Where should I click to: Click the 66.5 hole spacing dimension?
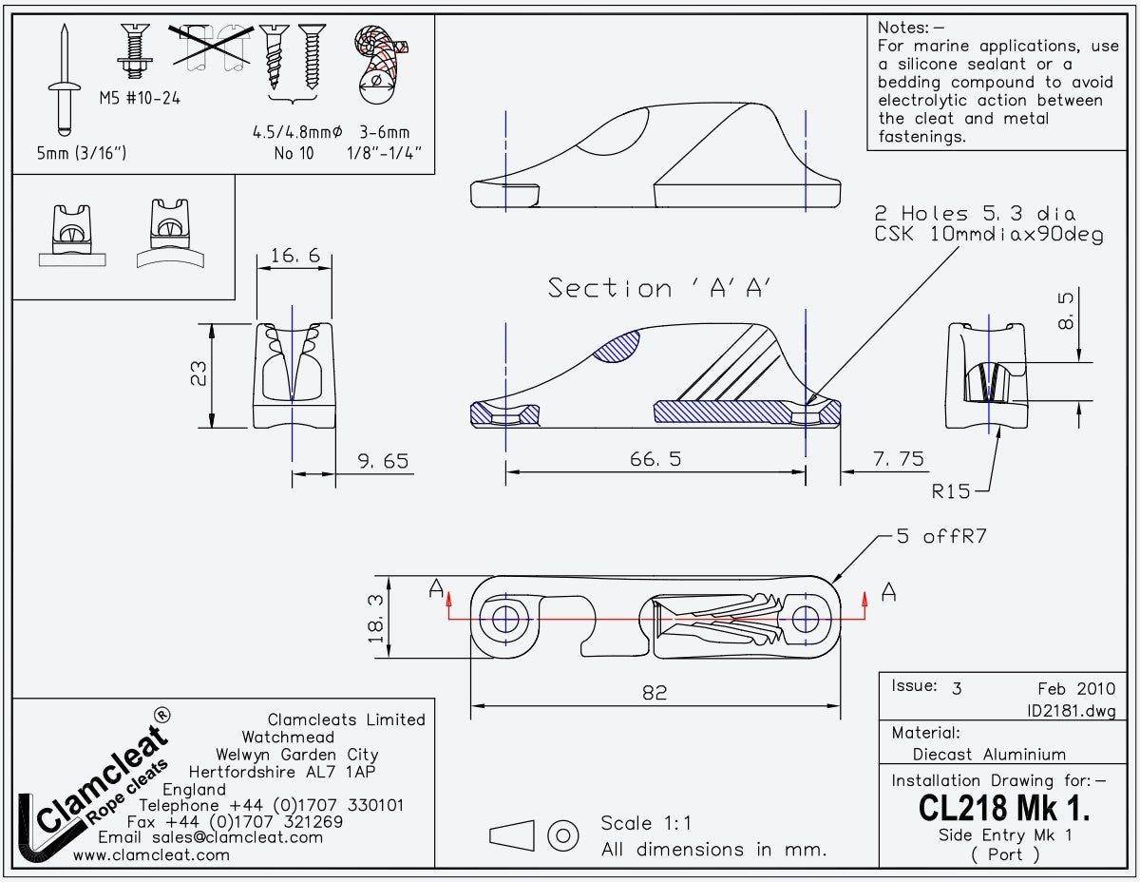click(655, 460)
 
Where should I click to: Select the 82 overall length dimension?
click(655, 693)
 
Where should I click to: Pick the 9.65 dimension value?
click(383, 461)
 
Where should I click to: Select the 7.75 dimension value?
click(898, 459)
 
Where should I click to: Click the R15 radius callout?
click(951, 491)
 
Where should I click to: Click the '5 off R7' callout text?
click(941, 537)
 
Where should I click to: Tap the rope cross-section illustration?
click(380, 62)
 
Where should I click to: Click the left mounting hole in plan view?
click(505, 620)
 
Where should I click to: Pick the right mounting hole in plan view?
click(806, 619)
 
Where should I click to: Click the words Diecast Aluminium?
click(989, 755)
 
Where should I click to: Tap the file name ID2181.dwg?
click(1071, 711)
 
